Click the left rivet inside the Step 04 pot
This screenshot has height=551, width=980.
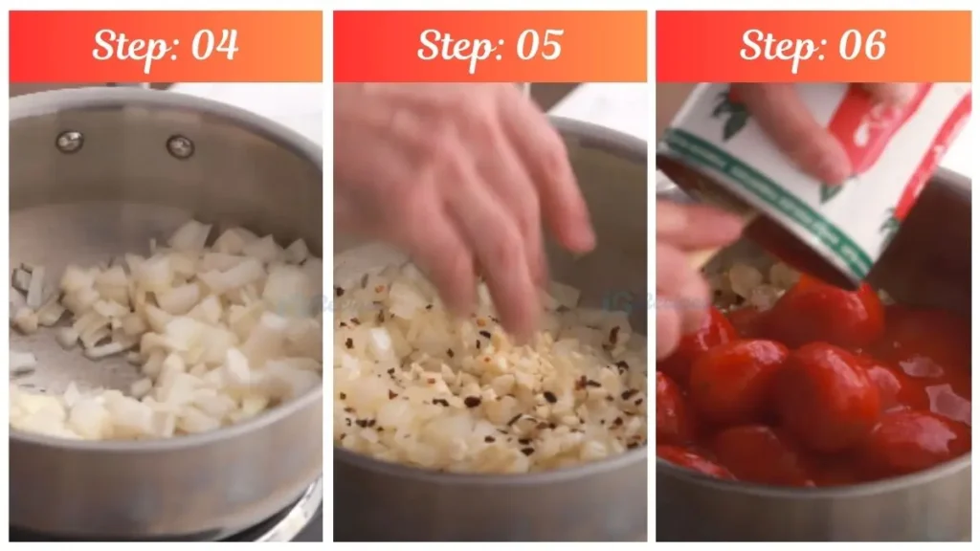coord(69,142)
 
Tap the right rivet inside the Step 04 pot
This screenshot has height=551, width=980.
coord(180,145)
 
